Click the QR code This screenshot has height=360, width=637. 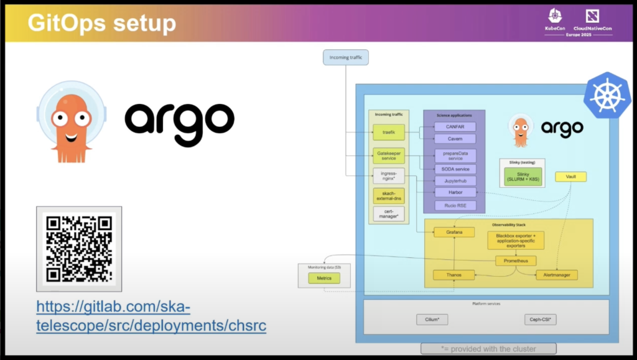(x=79, y=248)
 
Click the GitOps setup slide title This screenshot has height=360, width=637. (x=102, y=23)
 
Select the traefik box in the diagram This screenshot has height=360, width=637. (x=389, y=132)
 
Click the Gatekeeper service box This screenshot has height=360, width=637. (x=389, y=155)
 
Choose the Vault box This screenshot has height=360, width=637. (x=570, y=177)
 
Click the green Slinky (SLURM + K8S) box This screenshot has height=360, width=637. (x=522, y=176)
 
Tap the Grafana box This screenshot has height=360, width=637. (x=454, y=232)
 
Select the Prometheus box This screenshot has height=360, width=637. (x=516, y=261)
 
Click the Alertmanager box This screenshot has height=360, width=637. (x=557, y=274)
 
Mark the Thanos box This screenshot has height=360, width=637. (x=454, y=274)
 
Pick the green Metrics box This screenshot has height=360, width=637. (x=324, y=278)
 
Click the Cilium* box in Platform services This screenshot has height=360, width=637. (x=432, y=320)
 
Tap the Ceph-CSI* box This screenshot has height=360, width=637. (x=541, y=320)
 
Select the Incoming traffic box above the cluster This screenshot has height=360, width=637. (x=345, y=58)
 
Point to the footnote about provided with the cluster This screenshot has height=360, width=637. (x=488, y=348)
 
